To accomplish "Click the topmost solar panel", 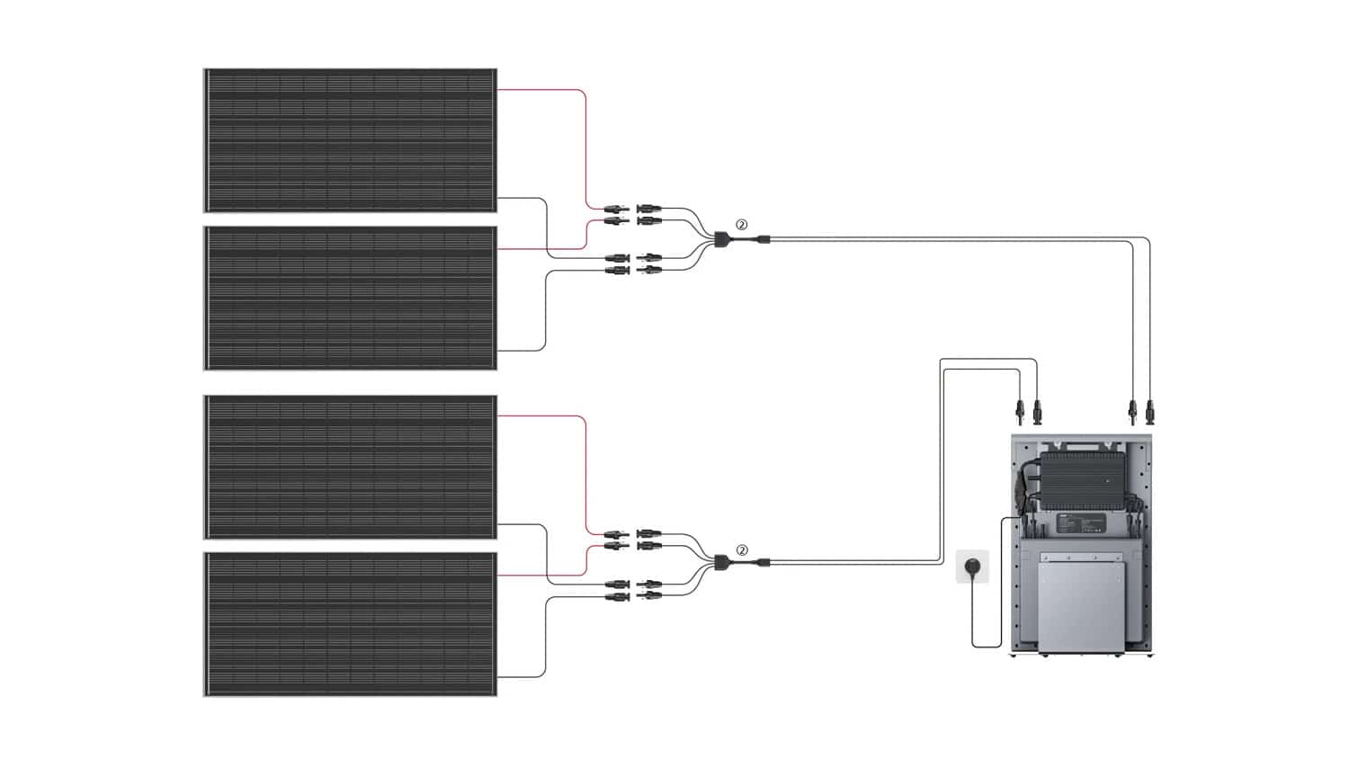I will tap(350, 140).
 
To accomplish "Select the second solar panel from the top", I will tap(350, 298).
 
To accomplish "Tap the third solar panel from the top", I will tap(350, 467).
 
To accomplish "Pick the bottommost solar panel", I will tap(350, 624).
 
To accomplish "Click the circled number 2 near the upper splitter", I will tap(741, 225).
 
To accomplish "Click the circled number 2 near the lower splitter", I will tap(741, 550).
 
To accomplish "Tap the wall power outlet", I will tap(972, 567).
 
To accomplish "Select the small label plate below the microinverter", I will tap(1076, 523).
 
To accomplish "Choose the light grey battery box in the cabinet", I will tap(1083, 600).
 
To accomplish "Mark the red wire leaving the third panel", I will tap(585, 468).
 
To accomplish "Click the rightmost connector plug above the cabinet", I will tap(1150, 411).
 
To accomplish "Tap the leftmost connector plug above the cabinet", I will tap(1019, 411).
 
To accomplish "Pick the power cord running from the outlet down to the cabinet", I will tap(973, 621).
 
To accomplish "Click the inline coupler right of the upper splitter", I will tap(763, 239).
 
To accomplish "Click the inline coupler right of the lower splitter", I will tap(763, 564).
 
